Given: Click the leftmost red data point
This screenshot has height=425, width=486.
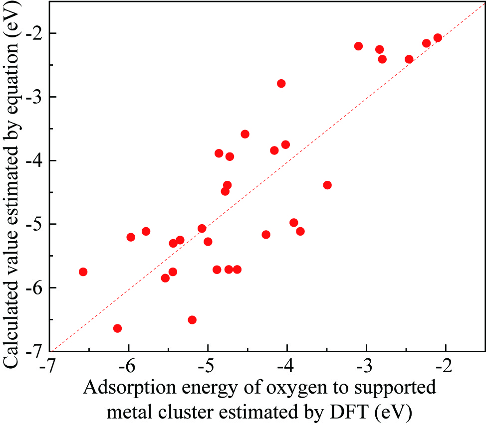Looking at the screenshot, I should tap(83, 272).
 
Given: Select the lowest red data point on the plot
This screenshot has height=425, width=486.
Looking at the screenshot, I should tap(118, 328).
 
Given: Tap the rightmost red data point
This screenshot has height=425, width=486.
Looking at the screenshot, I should tap(438, 38).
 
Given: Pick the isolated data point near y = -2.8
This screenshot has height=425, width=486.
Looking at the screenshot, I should tap(281, 83).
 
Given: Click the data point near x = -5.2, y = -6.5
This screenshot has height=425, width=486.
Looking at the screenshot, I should tap(192, 319).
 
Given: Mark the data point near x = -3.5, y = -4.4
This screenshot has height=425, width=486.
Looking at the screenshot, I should tap(327, 185).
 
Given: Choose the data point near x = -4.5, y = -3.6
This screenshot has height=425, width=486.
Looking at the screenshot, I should tap(245, 134).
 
